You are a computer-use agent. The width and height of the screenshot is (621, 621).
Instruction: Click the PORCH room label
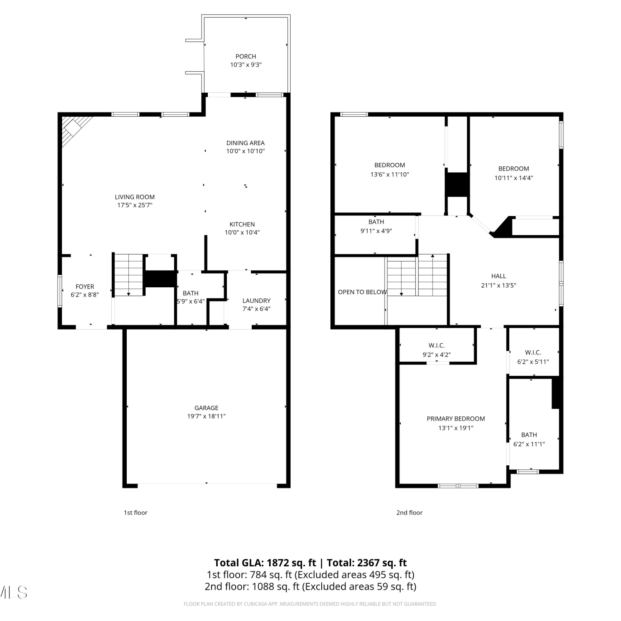(246, 56)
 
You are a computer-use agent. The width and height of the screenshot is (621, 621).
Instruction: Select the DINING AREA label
(246, 143)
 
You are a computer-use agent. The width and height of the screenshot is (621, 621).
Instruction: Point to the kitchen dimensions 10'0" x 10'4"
(242, 232)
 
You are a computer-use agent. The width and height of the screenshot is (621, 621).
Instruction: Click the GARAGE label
(206, 408)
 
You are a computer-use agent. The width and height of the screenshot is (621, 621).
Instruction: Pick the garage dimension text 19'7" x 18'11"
(206, 416)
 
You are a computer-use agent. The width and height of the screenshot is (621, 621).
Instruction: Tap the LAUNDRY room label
(256, 301)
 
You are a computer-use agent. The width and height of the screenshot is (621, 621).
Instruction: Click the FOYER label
(85, 286)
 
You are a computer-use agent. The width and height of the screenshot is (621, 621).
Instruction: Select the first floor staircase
(129, 275)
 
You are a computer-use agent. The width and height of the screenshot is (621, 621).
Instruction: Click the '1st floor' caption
(135, 513)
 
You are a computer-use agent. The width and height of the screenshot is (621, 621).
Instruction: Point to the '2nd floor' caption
(409, 513)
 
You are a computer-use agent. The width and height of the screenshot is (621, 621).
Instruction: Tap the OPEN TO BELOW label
(362, 292)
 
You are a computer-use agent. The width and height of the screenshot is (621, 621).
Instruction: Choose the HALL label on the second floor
(498, 276)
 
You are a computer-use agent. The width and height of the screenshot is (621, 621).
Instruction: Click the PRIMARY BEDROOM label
(456, 419)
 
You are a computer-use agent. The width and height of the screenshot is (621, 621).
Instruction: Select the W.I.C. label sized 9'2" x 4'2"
(436, 345)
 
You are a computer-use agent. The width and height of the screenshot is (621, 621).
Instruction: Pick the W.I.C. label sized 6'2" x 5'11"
(533, 352)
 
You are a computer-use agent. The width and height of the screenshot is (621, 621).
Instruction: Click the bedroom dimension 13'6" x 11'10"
(390, 174)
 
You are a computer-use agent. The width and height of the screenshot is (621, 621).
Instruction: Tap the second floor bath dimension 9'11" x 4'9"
(376, 231)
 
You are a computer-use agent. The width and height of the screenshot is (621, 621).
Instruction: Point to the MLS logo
(13, 592)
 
